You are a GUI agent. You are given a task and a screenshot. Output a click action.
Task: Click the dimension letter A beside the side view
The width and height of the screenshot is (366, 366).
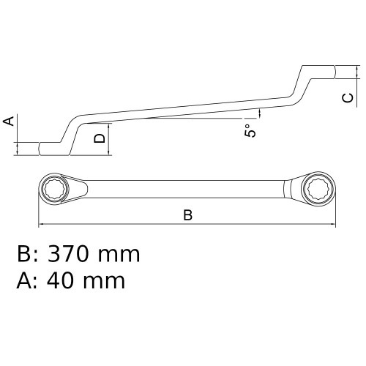pos(10,121)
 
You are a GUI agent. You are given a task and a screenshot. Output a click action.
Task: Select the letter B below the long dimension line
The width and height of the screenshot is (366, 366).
pos(187,215)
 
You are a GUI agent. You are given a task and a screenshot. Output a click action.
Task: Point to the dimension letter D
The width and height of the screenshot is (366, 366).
pos(100,137)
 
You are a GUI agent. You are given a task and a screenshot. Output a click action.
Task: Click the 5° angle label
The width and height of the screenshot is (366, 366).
pos(250,132)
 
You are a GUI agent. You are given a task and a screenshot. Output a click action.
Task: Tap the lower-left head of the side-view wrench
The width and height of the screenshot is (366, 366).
pos(50,147)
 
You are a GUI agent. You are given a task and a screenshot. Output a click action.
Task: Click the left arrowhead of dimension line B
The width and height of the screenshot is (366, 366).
pos(41,223)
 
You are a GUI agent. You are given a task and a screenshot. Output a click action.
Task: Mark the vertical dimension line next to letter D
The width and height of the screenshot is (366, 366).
pos(109,137)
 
